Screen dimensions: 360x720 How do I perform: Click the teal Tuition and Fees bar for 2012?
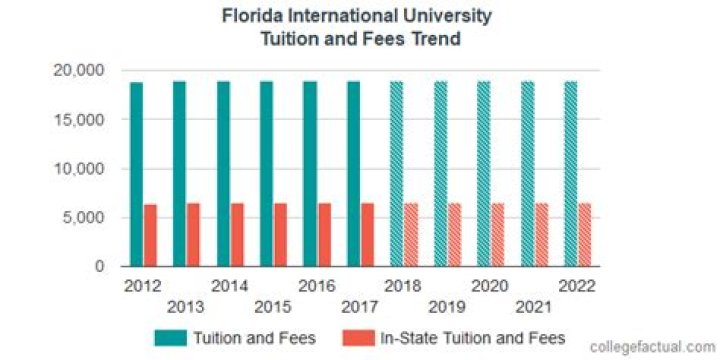coord(137,174)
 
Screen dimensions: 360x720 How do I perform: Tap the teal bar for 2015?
coord(267,174)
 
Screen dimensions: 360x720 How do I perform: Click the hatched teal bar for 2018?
coord(397,174)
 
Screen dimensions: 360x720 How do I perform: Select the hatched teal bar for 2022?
coord(571,174)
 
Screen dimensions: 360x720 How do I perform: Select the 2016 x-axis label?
coord(316,286)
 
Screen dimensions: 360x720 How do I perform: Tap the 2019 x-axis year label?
coord(447,305)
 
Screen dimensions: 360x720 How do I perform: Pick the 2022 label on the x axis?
coord(577,286)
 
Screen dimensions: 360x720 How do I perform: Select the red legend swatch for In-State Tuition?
coord(358,338)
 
